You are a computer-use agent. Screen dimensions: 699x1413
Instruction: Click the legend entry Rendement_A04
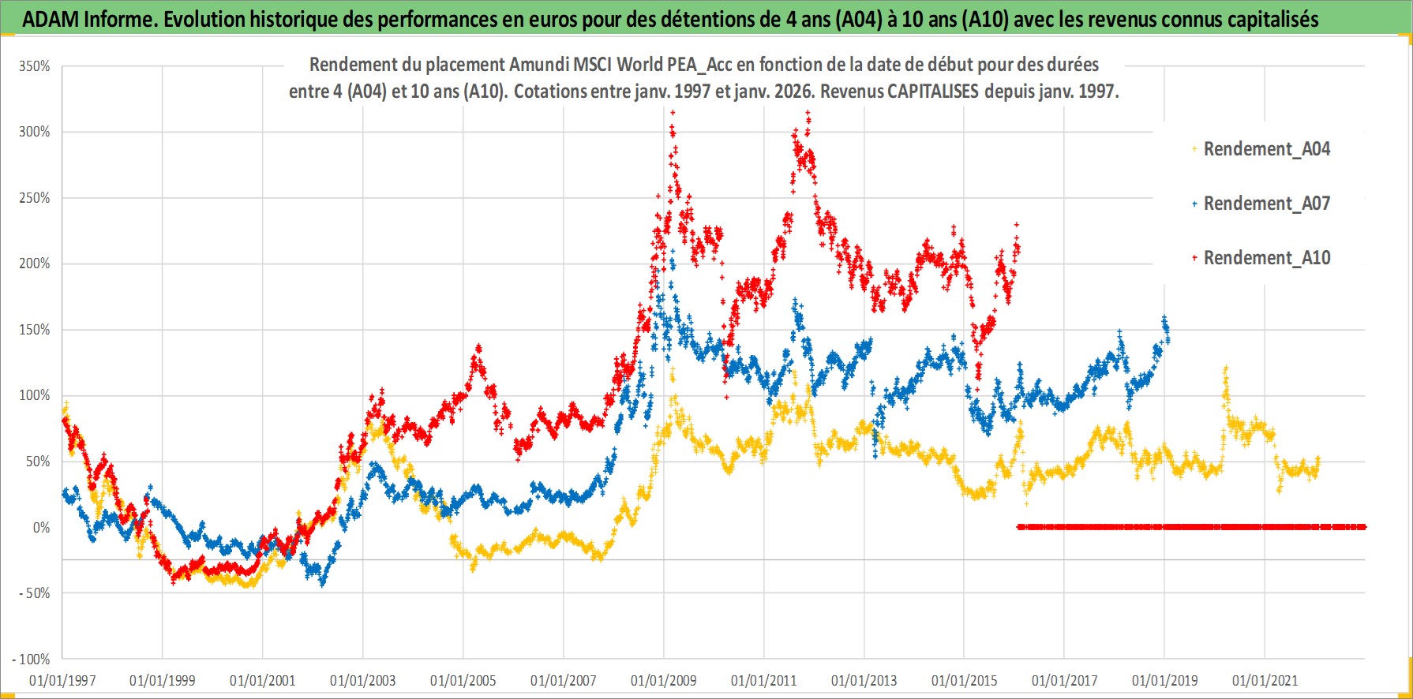point(1266,149)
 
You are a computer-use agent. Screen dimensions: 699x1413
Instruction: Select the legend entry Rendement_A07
point(1266,204)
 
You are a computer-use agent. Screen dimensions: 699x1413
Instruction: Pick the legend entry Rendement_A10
point(1266,258)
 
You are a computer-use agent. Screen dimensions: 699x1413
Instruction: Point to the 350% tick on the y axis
point(35,66)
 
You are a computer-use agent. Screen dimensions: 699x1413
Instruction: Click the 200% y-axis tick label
point(35,264)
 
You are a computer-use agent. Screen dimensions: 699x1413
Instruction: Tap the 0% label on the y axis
point(41,527)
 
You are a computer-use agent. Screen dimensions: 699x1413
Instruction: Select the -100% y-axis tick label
point(32,659)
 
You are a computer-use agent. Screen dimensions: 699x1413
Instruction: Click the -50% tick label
point(35,593)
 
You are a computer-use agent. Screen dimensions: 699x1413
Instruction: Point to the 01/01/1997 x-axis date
point(62,680)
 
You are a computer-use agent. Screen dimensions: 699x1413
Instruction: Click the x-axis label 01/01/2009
point(664,680)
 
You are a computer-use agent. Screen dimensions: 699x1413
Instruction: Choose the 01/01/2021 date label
point(1265,680)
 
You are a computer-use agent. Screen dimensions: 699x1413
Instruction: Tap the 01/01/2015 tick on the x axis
point(964,680)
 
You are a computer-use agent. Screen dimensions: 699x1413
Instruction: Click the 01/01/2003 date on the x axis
point(363,680)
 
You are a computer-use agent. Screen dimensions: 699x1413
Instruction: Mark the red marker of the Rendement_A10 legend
point(1194,258)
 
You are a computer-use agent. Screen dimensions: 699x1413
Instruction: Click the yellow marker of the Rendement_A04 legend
point(1194,149)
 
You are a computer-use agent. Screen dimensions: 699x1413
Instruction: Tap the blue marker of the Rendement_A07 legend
point(1194,204)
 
